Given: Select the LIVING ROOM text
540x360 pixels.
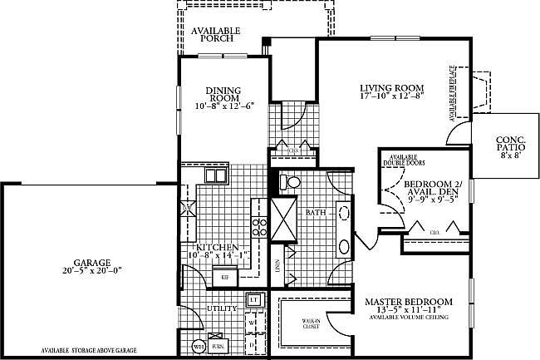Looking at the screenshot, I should (392, 88).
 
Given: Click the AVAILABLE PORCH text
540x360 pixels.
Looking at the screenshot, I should (217, 34).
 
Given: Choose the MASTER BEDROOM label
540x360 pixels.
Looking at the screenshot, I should (408, 301).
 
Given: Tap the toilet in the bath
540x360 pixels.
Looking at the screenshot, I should (291, 182).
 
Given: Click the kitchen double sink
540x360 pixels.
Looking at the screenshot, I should (216, 175).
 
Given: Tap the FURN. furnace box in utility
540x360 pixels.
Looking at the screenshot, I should (218, 345).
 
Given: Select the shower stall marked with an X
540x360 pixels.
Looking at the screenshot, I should (285, 220).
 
